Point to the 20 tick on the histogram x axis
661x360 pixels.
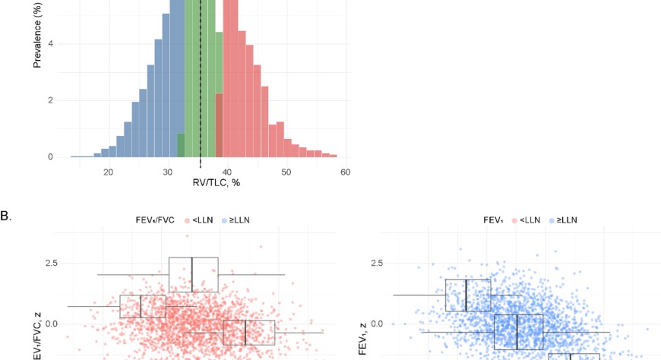109,172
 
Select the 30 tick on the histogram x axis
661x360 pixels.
168,172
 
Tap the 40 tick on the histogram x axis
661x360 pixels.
227,172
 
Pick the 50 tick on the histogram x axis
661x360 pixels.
286,172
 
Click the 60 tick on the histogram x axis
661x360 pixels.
346,172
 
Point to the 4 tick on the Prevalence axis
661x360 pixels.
50,43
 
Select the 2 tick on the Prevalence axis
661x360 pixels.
50,100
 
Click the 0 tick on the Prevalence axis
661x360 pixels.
50,157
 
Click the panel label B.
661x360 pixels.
5,216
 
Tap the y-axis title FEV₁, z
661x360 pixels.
364,338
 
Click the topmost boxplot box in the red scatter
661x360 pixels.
193,274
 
